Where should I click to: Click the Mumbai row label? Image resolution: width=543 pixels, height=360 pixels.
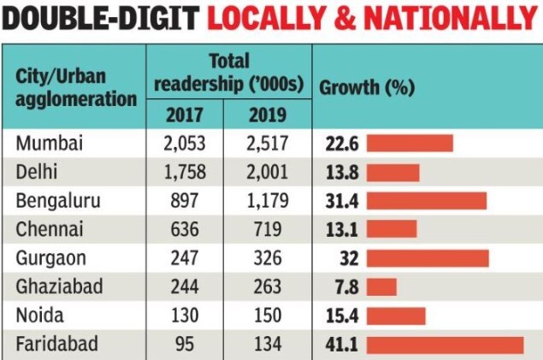(50, 143)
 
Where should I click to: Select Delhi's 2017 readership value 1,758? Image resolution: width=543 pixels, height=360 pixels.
(185, 172)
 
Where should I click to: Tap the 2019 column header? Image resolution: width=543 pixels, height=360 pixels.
(268, 115)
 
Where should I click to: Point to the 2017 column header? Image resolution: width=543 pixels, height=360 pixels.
(185, 115)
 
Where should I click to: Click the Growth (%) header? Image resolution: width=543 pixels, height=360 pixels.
(367, 87)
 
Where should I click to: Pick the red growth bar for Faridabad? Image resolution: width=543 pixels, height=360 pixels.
(445, 345)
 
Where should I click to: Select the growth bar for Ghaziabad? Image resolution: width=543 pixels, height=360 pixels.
(381, 287)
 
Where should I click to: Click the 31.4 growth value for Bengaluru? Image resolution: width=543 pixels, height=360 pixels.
(342, 201)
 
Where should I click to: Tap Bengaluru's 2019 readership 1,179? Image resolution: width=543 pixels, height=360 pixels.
(268, 201)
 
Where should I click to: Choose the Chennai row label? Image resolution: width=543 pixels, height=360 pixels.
(50, 229)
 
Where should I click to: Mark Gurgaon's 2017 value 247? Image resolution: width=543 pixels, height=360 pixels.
(185, 258)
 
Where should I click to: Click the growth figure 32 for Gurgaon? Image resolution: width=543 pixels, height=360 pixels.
(349, 258)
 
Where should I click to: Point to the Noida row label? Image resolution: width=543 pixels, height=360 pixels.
(40, 316)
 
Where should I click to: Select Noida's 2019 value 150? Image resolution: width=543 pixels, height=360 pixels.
(268, 316)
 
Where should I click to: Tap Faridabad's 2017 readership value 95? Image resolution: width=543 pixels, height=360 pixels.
(185, 344)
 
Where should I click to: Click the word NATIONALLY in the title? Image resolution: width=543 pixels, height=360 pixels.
(451, 18)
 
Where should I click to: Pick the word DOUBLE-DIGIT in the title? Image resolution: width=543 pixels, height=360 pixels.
(100, 18)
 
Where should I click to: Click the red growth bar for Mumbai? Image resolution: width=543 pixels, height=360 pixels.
(410, 144)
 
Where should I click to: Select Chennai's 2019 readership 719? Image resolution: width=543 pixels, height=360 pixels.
(268, 229)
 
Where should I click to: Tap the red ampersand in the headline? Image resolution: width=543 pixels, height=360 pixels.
(345, 18)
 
